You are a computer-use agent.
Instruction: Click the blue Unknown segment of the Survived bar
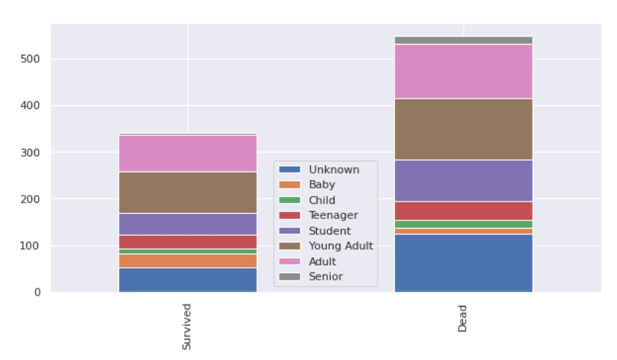click(x=188, y=280)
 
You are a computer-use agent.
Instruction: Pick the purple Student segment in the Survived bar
click(x=188, y=223)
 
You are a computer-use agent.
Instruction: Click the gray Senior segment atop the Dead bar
click(x=463, y=40)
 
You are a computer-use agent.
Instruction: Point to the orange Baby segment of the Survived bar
click(x=188, y=261)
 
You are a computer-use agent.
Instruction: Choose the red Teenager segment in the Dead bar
click(x=463, y=210)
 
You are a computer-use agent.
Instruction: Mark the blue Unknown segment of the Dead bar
click(x=463, y=263)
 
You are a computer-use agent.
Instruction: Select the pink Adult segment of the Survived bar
click(x=188, y=153)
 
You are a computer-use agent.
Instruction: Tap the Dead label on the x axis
click(x=463, y=319)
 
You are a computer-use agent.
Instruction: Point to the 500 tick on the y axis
click(x=32, y=59)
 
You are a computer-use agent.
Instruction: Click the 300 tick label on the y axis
click(x=32, y=153)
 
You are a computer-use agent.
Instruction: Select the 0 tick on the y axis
click(x=38, y=293)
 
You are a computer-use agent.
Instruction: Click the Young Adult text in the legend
click(x=341, y=246)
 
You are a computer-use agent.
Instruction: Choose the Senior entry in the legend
click(x=326, y=277)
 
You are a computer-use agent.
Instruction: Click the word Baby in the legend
click(x=322, y=185)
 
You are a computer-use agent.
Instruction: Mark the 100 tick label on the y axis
click(x=32, y=246)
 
